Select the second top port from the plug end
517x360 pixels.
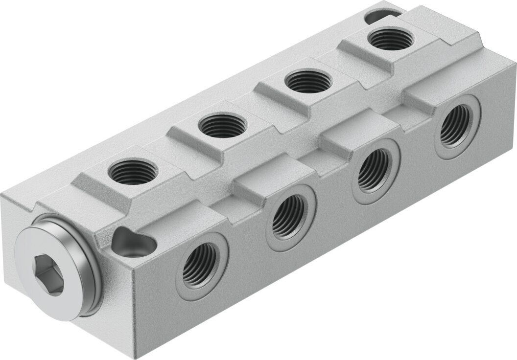tap(219, 126)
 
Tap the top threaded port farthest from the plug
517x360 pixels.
tap(390, 39)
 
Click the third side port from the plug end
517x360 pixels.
tap(373, 169)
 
